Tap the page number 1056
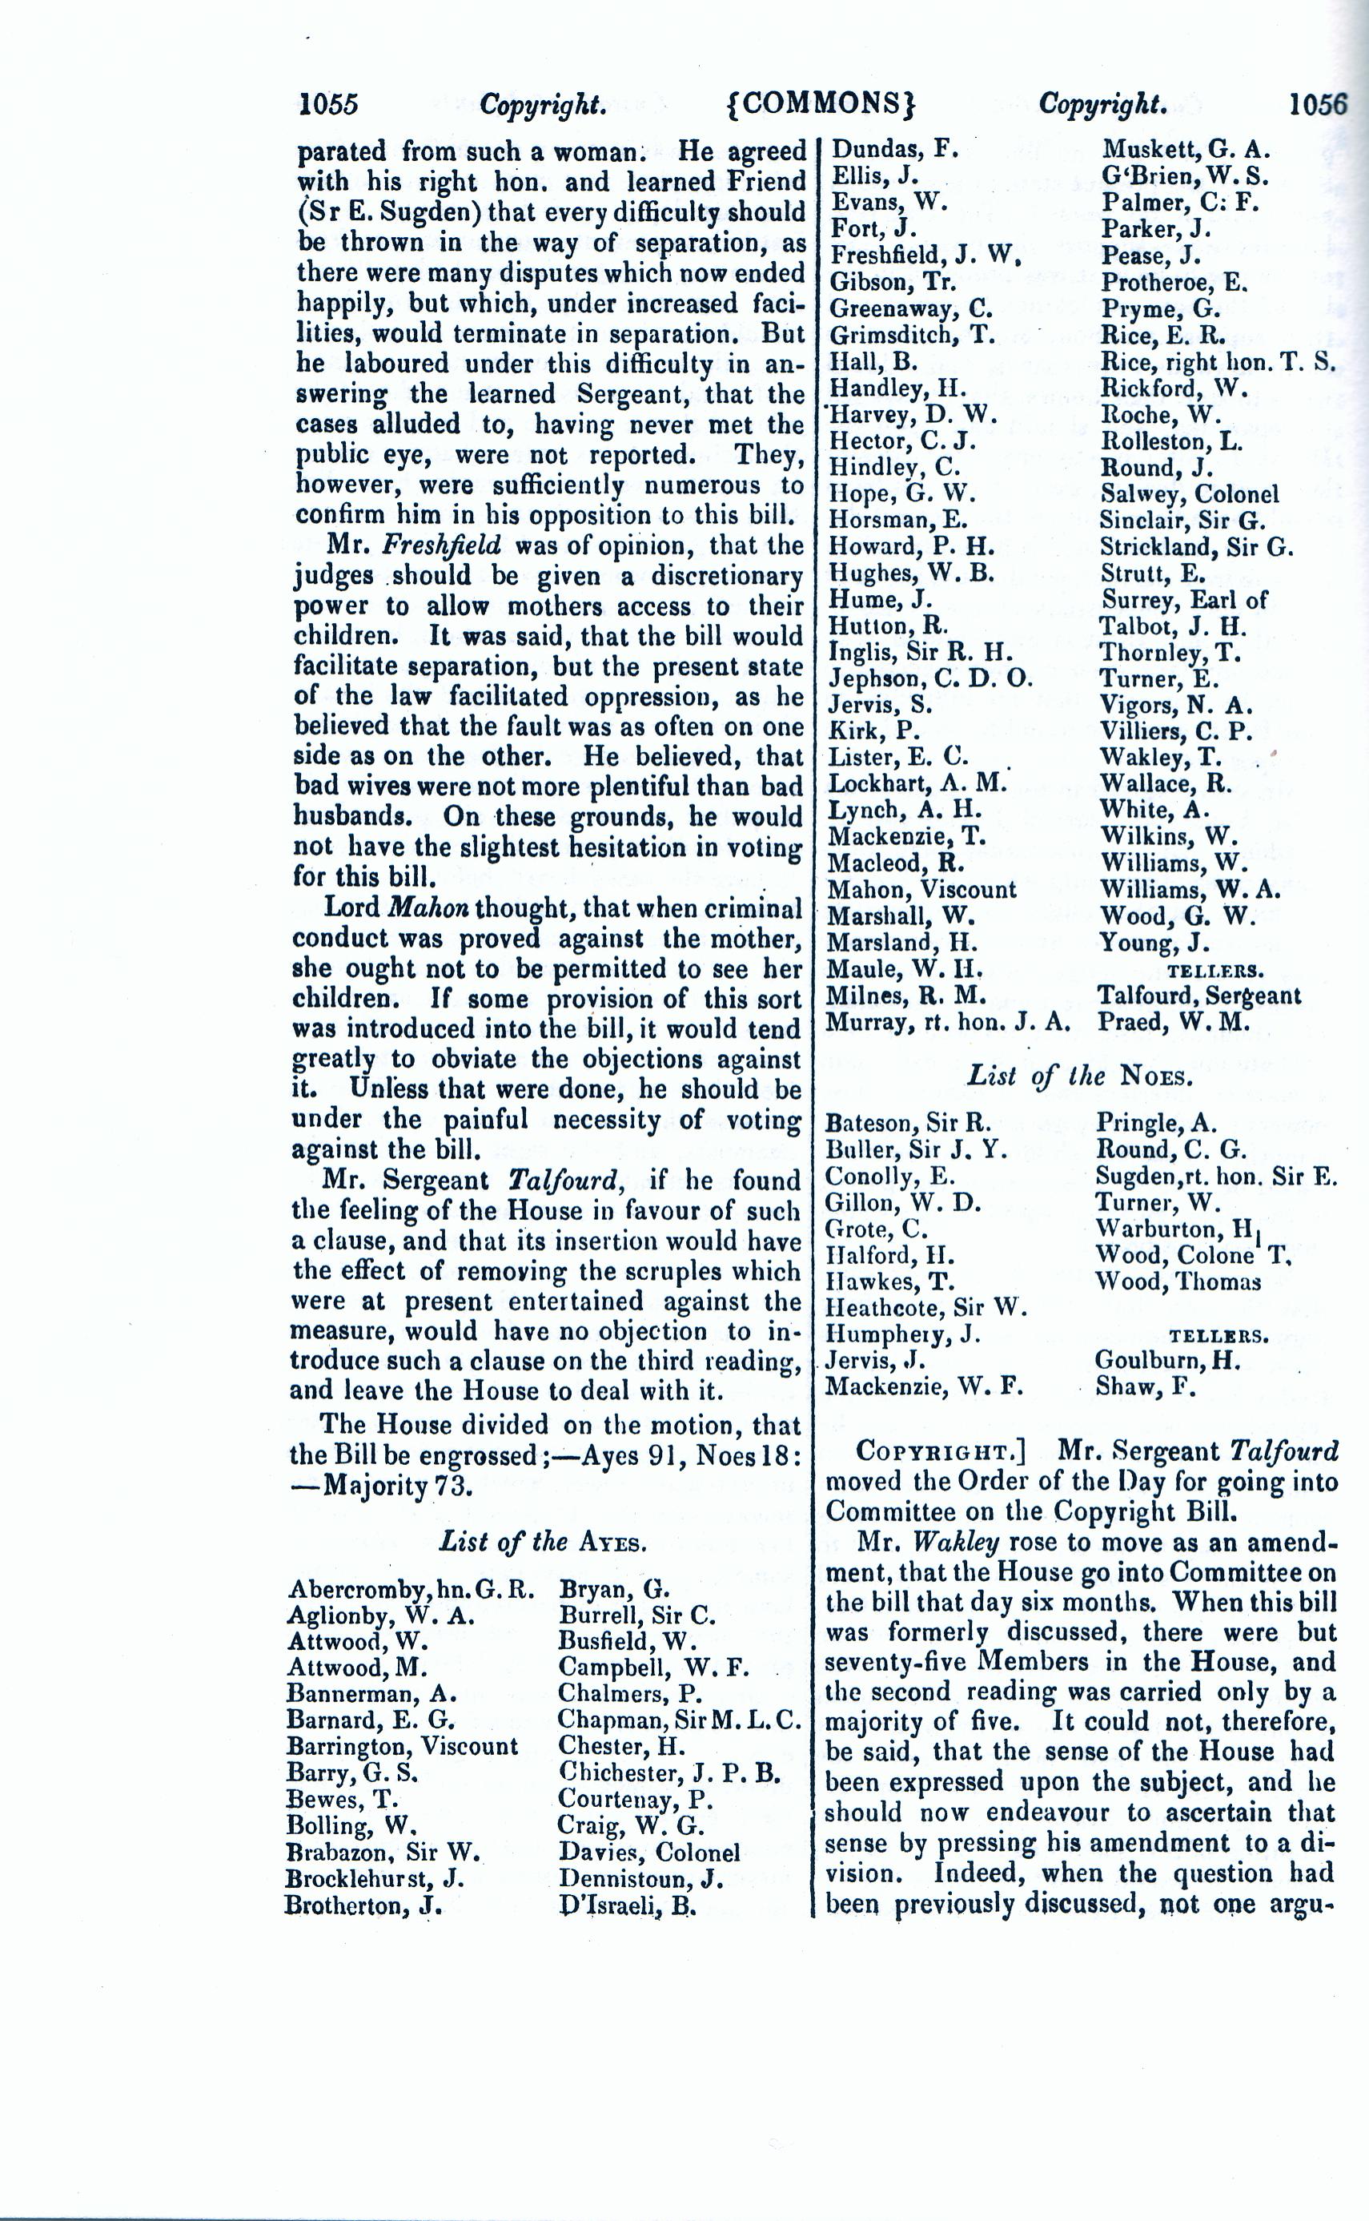tap(1318, 104)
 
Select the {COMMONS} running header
tap(821, 104)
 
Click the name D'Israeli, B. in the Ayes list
tap(627, 1905)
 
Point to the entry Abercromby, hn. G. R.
tap(410, 1590)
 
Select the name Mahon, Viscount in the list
tap(921, 890)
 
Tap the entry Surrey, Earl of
tap(1183, 600)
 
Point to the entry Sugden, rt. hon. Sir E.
tap(1215, 1177)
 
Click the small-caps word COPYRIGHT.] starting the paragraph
tap(940, 1452)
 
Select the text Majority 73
tap(399, 1487)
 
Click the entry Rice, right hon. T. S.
tap(1218, 362)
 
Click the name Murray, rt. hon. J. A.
tap(949, 1023)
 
